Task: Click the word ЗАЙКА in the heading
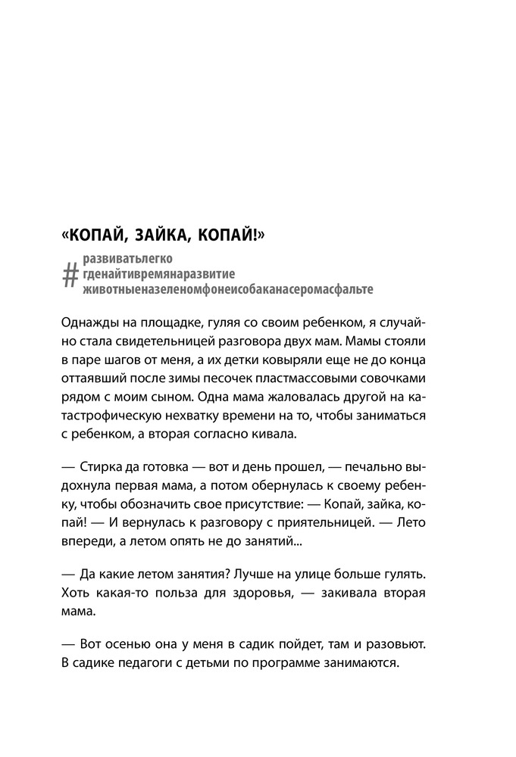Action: [x=165, y=238]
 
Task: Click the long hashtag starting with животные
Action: [x=227, y=290]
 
